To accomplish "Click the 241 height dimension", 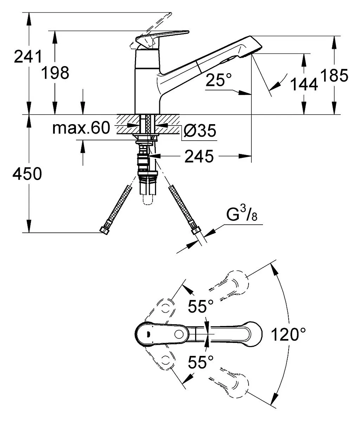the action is pos(28,57).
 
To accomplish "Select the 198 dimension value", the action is pos(55,73).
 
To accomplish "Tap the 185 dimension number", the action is pos(334,75).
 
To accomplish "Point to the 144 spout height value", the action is pos(304,84).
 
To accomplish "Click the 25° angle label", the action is pos(219,80).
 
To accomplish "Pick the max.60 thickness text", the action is pos(81,128).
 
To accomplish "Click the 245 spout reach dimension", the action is pos(199,156).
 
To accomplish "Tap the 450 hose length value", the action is pos(27,173).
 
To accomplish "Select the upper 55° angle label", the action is pos(201,306).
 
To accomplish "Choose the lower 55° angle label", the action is pos(201,362).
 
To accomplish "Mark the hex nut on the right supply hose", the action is pos(195,231).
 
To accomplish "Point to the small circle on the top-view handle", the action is pos(179,334).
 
